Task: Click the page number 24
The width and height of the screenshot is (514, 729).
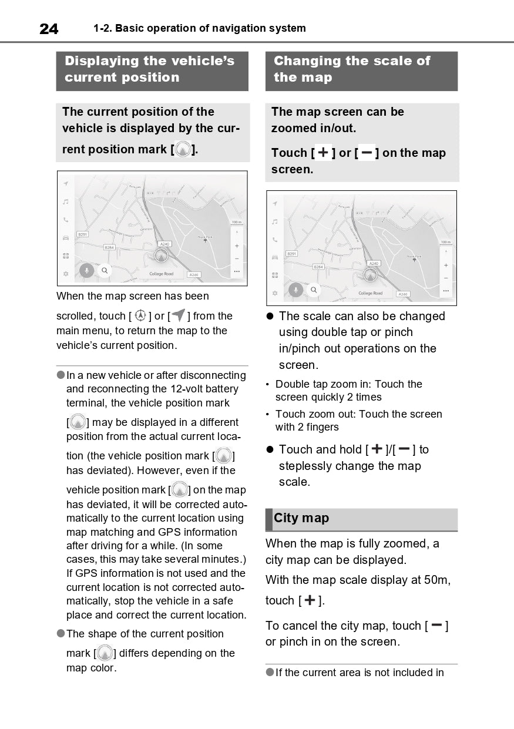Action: pos(49,29)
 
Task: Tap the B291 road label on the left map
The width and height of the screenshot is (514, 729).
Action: pos(83,234)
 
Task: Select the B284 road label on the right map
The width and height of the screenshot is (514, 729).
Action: pos(318,267)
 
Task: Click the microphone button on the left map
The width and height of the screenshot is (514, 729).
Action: pos(86,270)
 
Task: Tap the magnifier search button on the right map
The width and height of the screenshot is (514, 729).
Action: pos(314,290)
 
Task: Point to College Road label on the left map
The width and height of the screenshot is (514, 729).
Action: pos(161,274)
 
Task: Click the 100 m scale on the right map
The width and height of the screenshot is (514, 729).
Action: pos(446,242)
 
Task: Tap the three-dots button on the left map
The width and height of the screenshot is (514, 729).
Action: pos(237,271)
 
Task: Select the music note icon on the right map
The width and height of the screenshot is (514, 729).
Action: pos(274,222)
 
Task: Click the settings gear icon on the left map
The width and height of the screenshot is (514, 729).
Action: pos(66,274)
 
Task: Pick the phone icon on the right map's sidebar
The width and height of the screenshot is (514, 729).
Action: pos(274,240)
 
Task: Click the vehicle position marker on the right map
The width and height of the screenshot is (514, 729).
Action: pos(371,274)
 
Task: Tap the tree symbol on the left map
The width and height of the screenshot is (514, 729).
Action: pos(205,241)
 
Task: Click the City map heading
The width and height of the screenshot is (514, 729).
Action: pos(301,518)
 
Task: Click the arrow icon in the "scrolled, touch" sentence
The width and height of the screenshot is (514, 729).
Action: pos(178,315)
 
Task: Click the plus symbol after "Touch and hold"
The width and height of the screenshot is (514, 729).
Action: pos(377,449)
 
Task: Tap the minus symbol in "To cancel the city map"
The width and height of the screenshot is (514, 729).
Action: pos(436,626)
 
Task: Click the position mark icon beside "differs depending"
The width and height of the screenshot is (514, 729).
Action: pos(105,653)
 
